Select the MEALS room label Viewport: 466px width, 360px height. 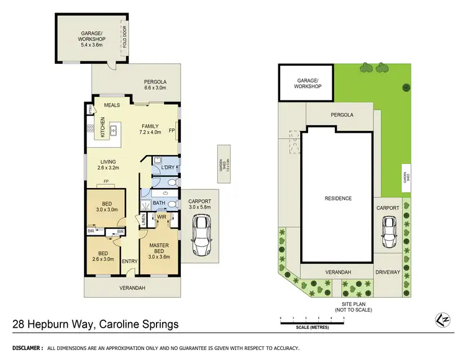[112, 105]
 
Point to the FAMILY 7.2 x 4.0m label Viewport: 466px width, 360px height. [150, 128]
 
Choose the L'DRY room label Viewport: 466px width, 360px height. [168, 168]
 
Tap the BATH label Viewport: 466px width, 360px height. [158, 203]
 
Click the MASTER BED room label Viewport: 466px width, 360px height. [159, 249]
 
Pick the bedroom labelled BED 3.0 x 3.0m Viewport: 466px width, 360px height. [105, 206]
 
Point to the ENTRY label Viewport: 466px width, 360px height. [129, 261]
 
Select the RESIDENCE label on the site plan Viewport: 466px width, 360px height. [337, 199]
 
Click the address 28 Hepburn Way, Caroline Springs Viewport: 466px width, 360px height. [96, 324]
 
